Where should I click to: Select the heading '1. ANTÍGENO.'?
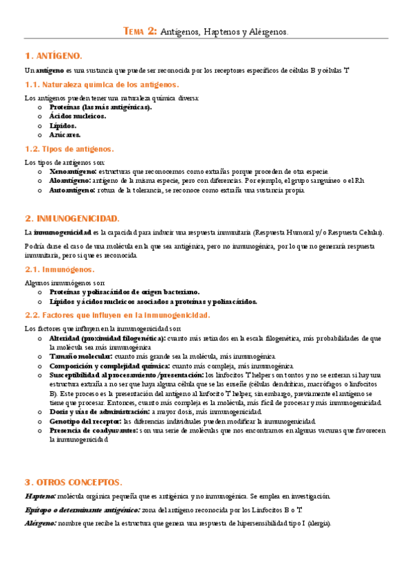click(53, 55)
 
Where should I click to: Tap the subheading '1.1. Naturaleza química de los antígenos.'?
click(101, 85)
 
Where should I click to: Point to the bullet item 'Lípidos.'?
click(63, 126)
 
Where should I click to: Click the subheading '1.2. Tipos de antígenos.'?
click(69, 148)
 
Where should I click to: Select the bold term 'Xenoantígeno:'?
click(72, 171)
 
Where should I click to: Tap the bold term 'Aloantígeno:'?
click(69, 181)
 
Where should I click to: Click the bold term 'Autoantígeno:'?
click(72, 190)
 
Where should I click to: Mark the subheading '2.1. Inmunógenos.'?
click(59, 269)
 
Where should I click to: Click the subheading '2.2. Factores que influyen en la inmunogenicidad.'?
click(117, 315)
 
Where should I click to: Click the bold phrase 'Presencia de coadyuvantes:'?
click(94, 430)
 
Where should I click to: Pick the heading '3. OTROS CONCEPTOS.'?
click(73, 481)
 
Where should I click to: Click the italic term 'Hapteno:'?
click(40, 496)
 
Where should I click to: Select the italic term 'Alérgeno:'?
click(41, 523)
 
